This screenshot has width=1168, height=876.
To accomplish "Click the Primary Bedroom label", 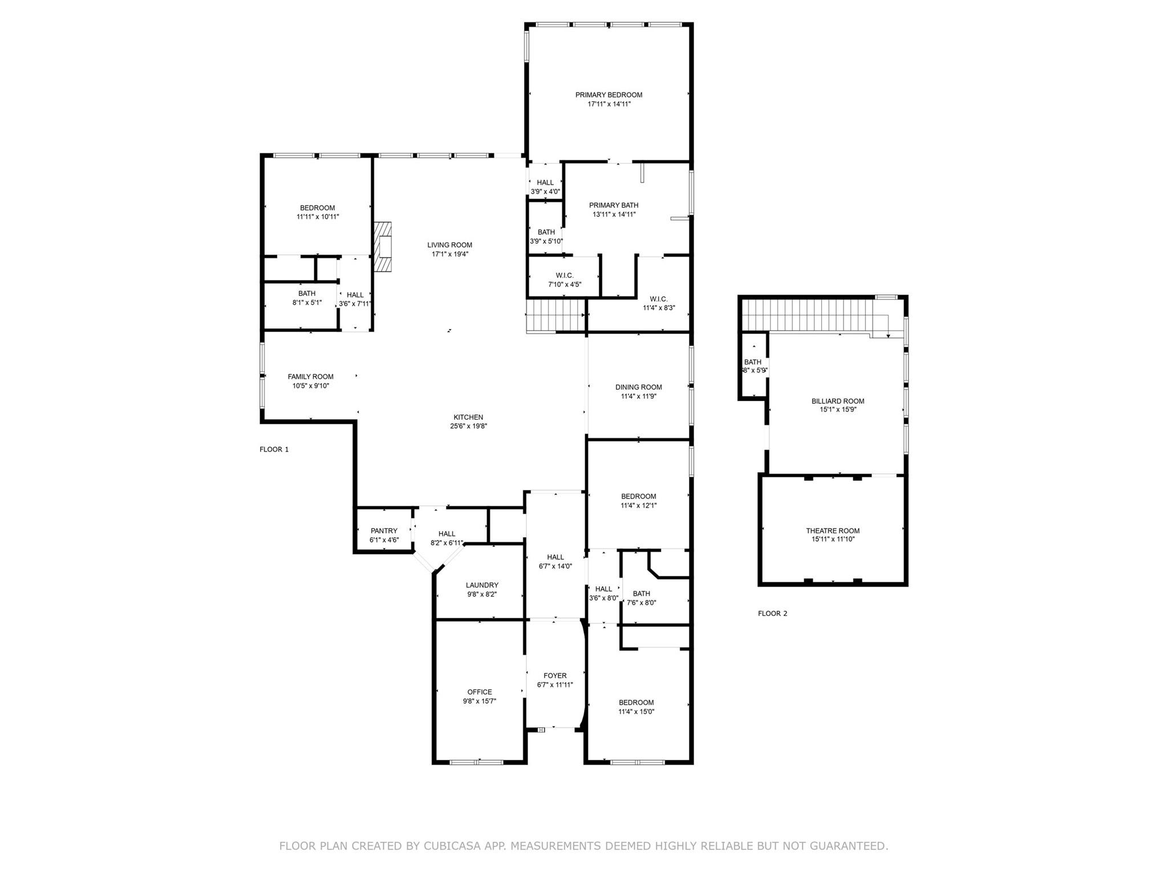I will [609, 95].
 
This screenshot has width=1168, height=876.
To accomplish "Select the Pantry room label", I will [384, 530].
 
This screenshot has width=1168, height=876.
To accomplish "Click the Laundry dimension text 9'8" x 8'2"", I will [482, 594].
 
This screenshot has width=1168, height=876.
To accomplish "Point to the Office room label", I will [480, 692].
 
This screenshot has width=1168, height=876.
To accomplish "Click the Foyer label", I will [555, 675].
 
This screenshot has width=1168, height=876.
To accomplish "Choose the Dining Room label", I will [638, 387].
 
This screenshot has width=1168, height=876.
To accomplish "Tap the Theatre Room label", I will [833, 530].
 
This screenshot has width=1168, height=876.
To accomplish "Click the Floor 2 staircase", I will [810, 315].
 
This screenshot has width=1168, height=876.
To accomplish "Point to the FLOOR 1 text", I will [274, 449].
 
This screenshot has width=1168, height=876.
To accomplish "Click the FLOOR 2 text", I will [772, 614].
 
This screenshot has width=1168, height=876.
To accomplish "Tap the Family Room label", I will [310, 376].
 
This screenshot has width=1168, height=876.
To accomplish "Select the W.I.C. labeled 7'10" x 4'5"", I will [565, 279].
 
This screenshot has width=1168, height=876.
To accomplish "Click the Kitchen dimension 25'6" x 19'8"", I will [468, 426].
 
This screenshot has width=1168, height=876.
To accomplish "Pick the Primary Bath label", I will [614, 205].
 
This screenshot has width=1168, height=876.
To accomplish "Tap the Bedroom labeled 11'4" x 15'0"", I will [636, 707].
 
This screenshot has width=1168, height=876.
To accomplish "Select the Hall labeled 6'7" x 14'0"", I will [555, 562].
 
